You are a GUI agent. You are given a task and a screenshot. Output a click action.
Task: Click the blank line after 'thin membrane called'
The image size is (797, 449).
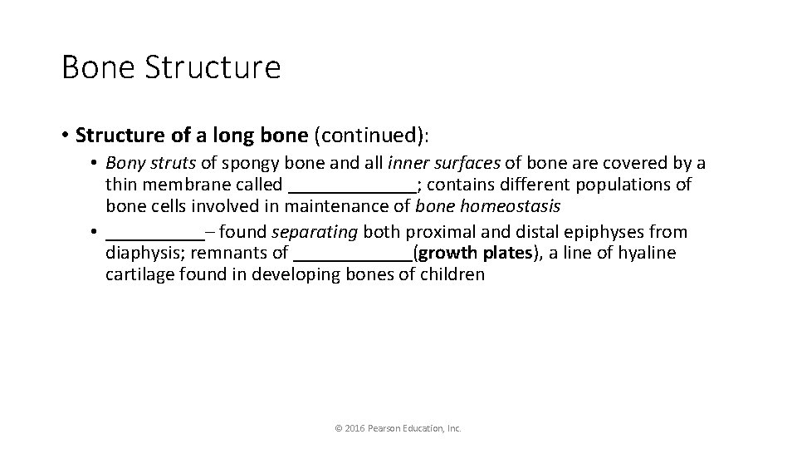coord(352,185)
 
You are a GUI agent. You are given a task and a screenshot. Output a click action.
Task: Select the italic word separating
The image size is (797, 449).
coord(310,232)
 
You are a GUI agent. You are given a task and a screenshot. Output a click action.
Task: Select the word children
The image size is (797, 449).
coord(452,274)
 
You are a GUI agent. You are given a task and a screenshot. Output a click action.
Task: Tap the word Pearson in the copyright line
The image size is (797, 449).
coord(388,428)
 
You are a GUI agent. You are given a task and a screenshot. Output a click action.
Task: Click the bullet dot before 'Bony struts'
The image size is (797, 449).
coord(97,164)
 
